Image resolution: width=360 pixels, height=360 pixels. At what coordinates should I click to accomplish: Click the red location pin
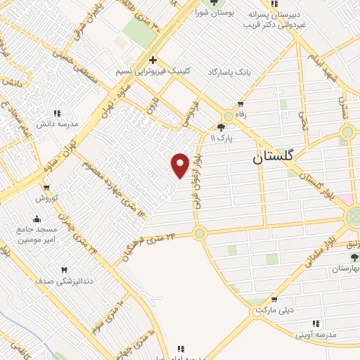click(x=181, y=165)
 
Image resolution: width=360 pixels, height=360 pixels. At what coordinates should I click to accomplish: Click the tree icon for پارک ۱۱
click(x=222, y=127)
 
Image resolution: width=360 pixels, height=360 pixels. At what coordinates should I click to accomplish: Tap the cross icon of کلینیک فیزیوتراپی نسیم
click(x=153, y=60)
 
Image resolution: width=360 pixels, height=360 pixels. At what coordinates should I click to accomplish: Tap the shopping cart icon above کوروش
click(x=46, y=187)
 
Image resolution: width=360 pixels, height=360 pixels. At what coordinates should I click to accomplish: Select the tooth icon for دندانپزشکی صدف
click(x=65, y=269)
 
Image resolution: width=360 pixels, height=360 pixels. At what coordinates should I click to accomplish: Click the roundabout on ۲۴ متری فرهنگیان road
click(x=200, y=232)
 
